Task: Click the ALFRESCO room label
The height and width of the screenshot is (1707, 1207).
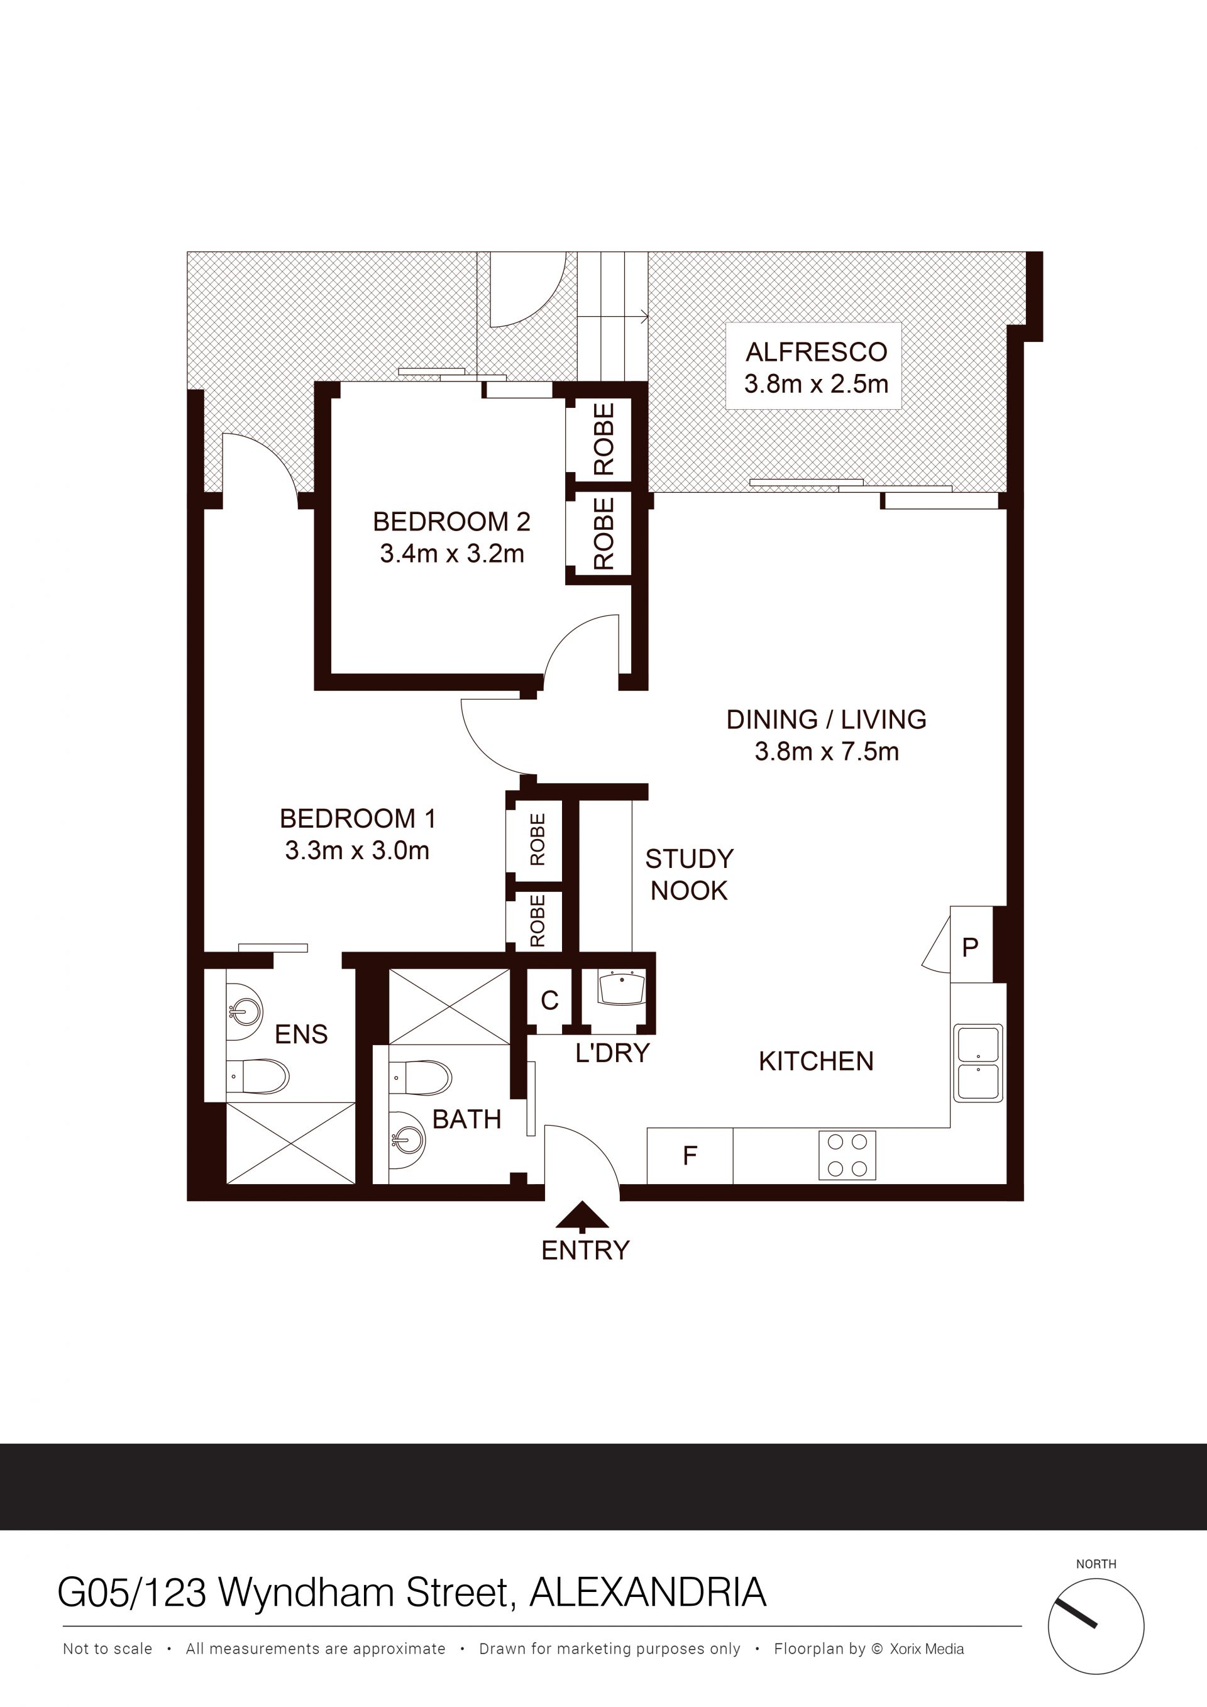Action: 817,352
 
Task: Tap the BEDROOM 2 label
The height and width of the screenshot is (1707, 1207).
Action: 451,522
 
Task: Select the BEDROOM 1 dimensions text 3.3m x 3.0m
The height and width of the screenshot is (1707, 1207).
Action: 357,850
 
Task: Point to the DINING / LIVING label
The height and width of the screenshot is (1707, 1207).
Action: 826,720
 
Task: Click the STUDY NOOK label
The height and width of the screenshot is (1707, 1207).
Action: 690,874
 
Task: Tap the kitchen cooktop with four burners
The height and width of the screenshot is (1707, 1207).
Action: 847,1155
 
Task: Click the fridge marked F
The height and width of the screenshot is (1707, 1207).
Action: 690,1155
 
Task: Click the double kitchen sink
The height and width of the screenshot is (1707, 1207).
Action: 978,1063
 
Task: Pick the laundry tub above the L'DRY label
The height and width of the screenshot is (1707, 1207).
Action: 620,987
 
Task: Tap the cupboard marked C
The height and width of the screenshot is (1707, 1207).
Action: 549,1001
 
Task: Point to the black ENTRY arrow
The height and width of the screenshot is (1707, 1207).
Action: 583,1215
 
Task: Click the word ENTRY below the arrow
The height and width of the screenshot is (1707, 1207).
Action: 585,1251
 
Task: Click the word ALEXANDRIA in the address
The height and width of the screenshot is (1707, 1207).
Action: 648,1593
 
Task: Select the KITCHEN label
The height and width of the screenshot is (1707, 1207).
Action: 816,1061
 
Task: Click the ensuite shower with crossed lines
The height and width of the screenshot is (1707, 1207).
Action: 290,1143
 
